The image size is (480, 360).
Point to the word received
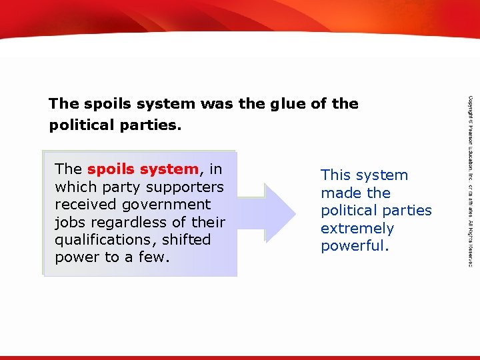(84, 204)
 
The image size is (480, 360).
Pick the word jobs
(70, 222)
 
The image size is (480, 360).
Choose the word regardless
(127, 222)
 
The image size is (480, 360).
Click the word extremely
(357, 228)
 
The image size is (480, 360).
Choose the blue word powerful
(354, 245)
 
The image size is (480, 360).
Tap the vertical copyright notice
(469, 180)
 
